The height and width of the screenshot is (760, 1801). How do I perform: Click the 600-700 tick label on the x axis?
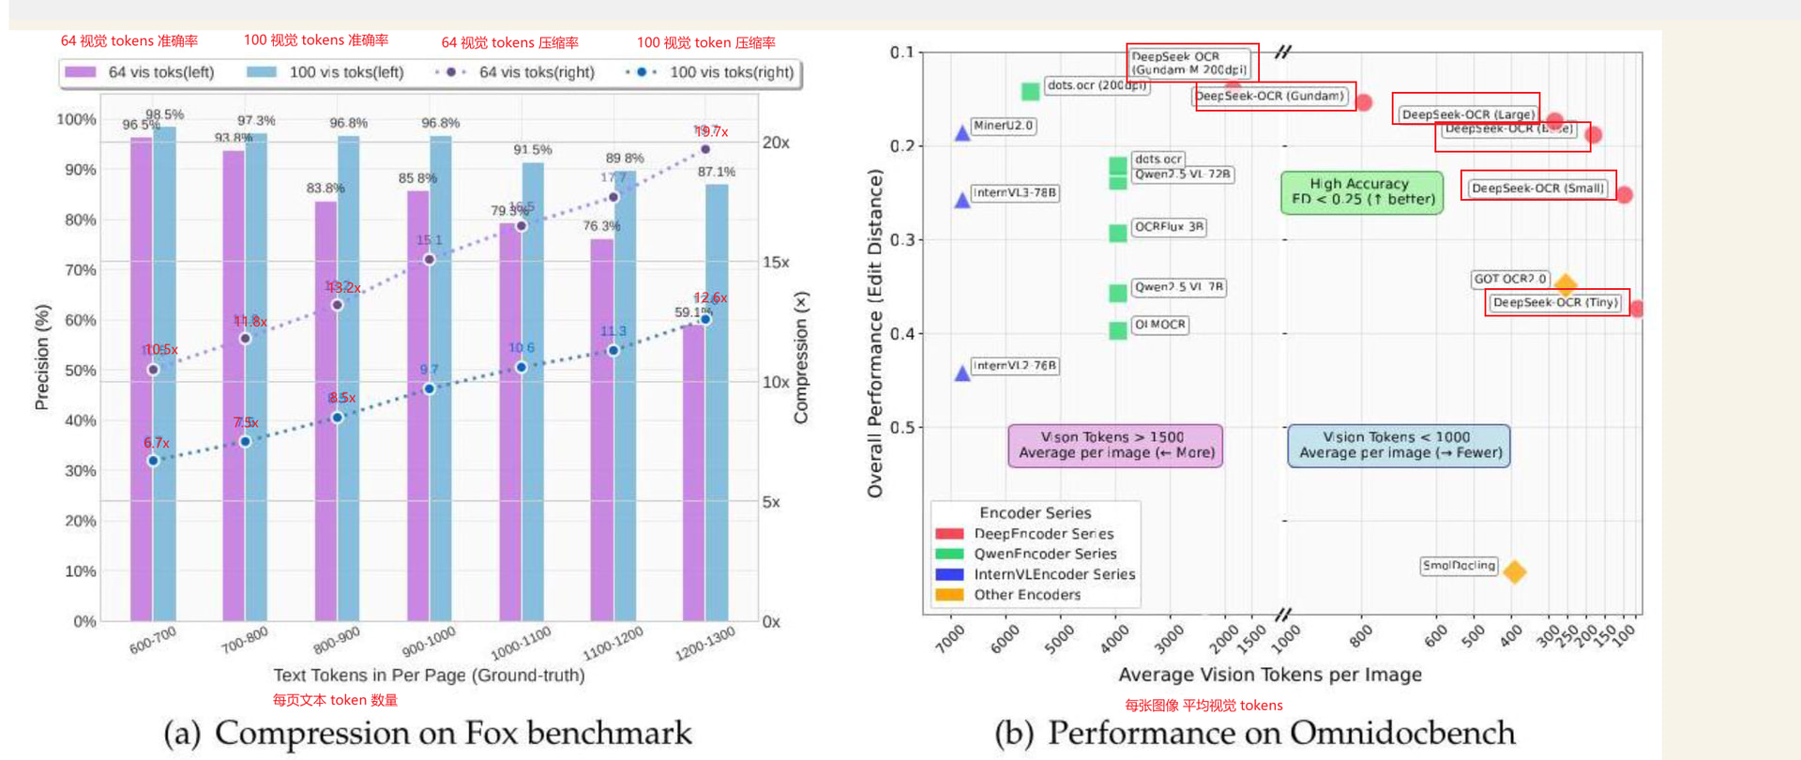click(x=153, y=641)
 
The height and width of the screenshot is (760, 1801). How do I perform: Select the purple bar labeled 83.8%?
click(x=325, y=413)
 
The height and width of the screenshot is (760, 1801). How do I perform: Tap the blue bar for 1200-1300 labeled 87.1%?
click(x=718, y=403)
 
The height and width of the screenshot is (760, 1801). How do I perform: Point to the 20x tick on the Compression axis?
click(x=776, y=143)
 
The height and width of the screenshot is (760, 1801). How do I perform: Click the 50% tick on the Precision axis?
click(x=80, y=371)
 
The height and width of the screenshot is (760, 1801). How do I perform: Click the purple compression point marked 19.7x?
click(x=705, y=149)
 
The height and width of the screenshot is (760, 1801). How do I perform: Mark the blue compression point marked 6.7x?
click(x=153, y=461)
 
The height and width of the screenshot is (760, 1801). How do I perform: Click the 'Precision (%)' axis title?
click(x=41, y=357)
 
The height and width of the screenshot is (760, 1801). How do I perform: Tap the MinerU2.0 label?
click(x=1003, y=126)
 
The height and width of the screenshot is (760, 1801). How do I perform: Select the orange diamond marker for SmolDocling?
click(x=1514, y=571)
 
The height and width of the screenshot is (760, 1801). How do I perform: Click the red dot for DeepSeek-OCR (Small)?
click(x=1624, y=194)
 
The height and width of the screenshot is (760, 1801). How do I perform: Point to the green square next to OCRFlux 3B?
click(x=1117, y=233)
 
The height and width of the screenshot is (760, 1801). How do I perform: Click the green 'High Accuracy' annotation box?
click(x=1362, y=191)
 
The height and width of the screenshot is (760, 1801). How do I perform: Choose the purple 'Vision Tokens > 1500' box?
click(x=1115, y=445)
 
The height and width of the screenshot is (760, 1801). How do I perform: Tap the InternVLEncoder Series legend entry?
click(x=1053, y=574)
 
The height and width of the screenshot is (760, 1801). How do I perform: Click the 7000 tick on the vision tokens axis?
click(x=950, y=639)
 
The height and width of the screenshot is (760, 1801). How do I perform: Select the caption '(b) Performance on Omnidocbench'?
click(x=1254, y=733)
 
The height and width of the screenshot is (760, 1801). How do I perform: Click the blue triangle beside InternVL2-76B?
click(x=961, y=372)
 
